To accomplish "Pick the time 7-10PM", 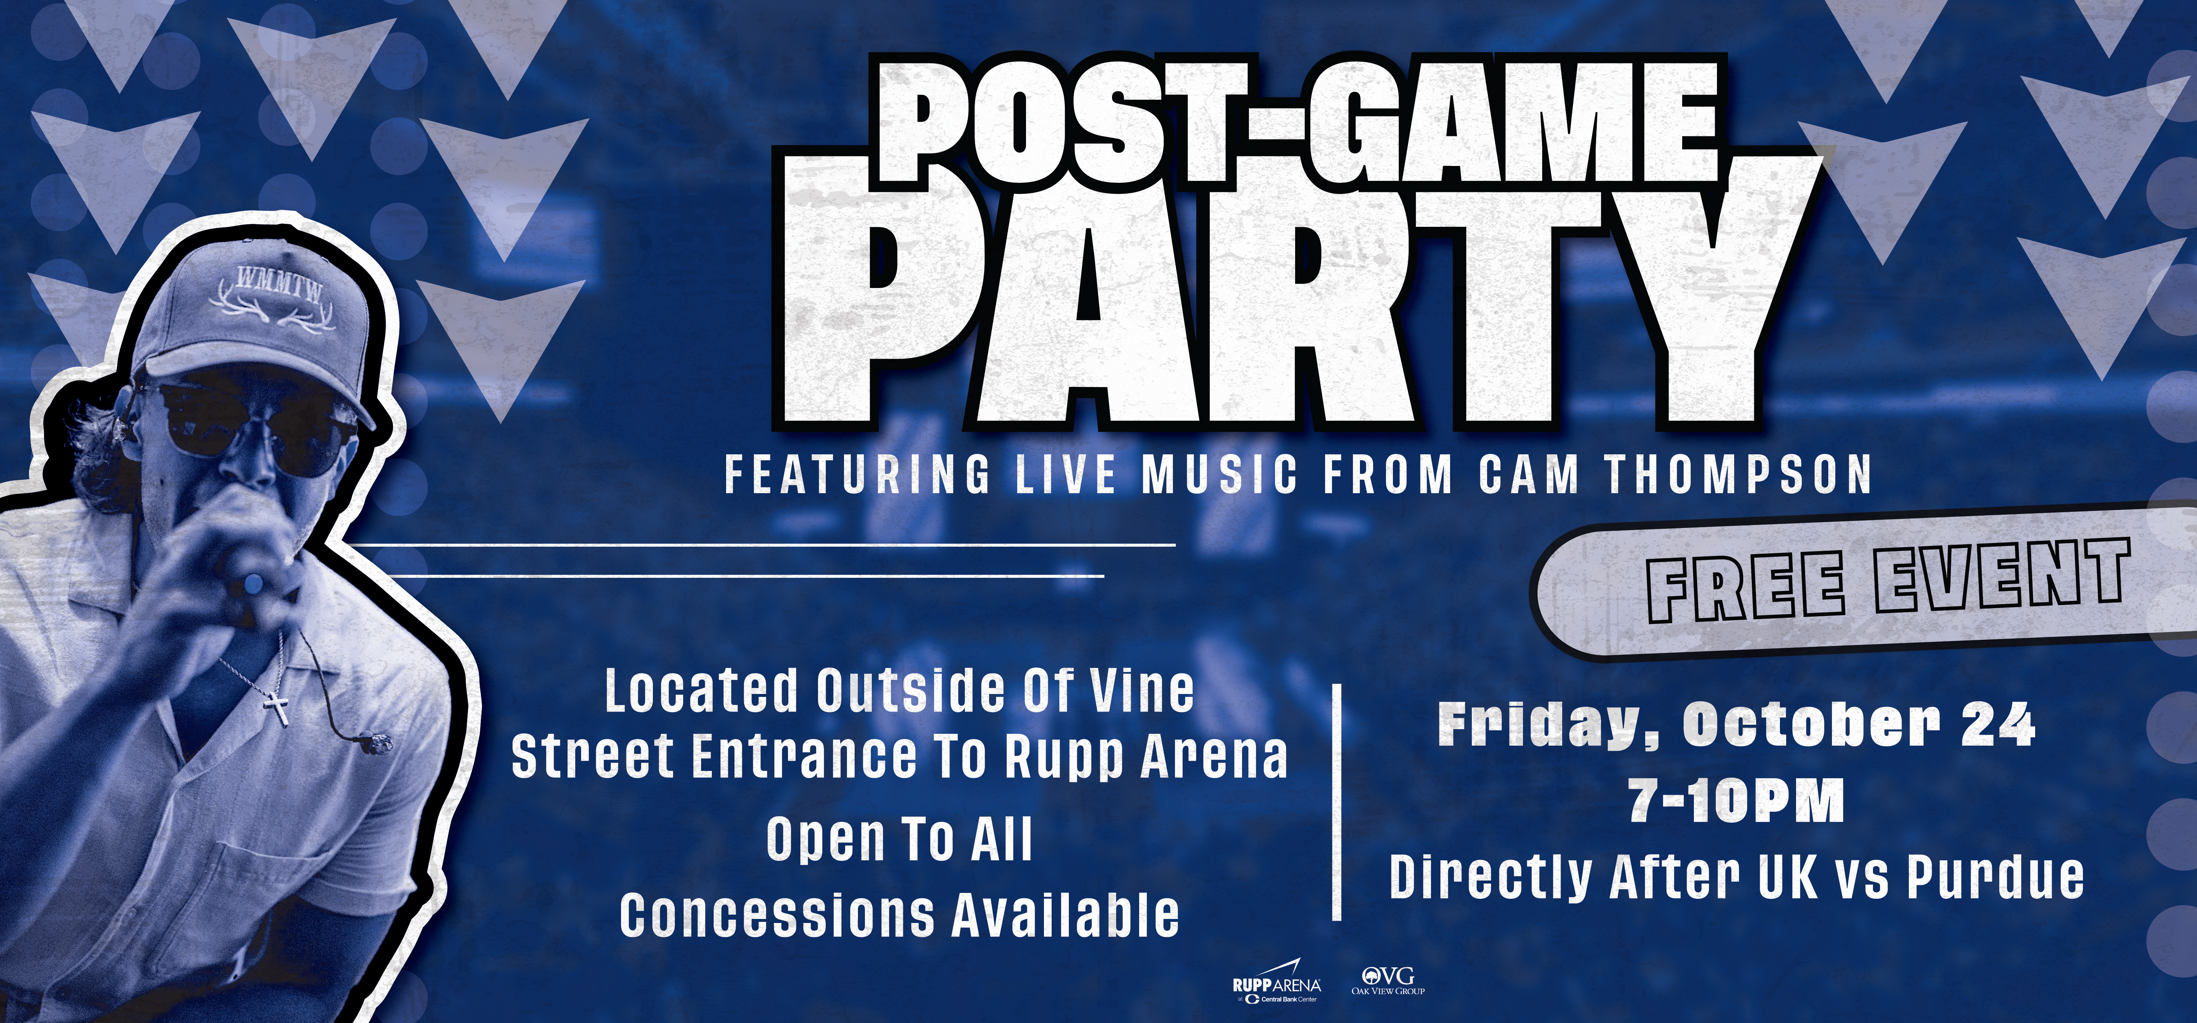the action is pyautogui.click(x=1736, y=800).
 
